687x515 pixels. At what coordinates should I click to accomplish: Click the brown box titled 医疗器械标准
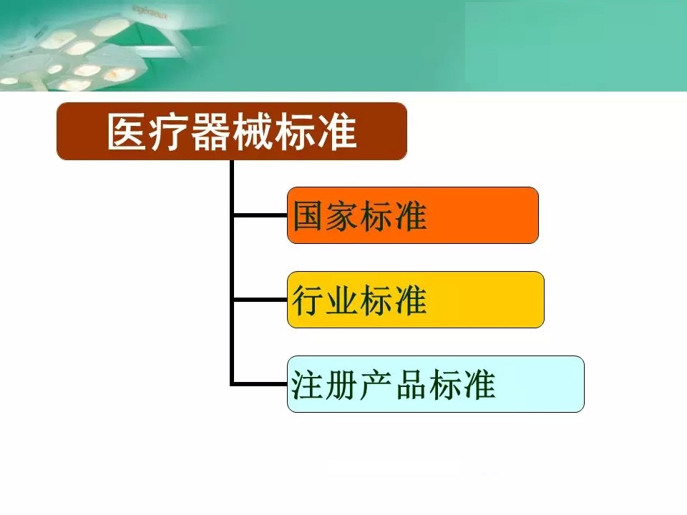click(232, 131)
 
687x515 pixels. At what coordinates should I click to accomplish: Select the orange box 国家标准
click(413, 215)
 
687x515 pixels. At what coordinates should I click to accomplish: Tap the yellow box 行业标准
click(415, 300)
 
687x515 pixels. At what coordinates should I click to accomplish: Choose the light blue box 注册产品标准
click(436, 384)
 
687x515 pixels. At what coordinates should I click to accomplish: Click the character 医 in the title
click(126, 132)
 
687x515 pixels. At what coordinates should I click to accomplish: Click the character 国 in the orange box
click(309, 216)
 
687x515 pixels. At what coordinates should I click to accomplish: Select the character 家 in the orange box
click(343, 216)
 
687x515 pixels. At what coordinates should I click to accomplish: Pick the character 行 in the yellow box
click(309, 300)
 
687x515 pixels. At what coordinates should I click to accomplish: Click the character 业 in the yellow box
click(343, 300)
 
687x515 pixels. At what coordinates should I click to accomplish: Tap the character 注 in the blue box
click(308, 385)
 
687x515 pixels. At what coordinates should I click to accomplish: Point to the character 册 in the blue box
click(342, 385)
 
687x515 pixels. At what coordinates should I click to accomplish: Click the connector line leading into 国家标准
click(260, 215)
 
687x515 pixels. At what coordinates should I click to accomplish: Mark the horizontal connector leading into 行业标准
click(260, 300)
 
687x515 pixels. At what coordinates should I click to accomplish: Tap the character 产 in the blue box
click(377, 385)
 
